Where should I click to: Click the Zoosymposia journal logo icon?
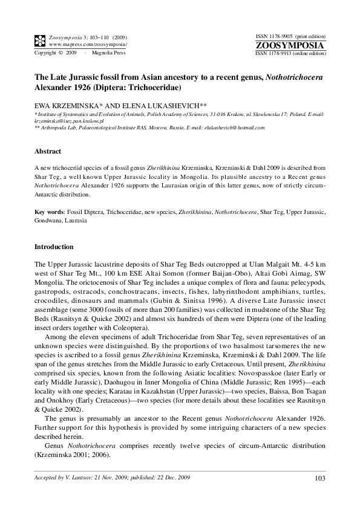40,41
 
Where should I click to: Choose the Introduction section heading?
54,247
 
